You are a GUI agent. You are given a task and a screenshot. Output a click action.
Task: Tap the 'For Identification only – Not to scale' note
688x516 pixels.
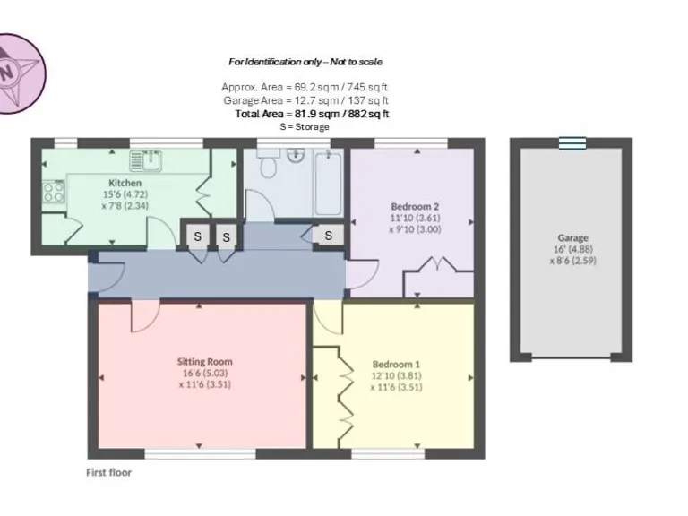tap(305, 62)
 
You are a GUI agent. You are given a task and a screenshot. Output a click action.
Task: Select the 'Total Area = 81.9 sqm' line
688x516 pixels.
tap(311, 114)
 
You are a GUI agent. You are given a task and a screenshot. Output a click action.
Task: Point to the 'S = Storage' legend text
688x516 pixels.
tap(305, 127)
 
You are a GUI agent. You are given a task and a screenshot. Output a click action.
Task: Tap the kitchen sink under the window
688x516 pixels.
tap(147, 160)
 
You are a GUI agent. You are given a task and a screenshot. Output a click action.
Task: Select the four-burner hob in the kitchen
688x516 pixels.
tap(53, 191)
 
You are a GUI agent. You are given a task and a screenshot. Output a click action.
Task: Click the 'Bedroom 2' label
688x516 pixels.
tap(414, 207)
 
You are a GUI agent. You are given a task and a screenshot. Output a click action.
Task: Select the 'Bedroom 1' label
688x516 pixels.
tap(396, 365)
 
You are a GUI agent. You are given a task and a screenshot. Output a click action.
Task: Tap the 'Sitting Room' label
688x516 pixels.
tap(205, 362)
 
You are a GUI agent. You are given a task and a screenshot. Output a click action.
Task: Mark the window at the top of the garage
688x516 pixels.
tap(571, 142)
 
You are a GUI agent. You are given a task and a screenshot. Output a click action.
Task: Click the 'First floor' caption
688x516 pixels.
tap(108, 472)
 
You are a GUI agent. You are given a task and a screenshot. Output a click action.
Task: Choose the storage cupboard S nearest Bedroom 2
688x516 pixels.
tap(329, 236)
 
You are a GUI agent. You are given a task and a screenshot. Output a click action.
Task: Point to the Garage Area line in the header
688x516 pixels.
tap(305, 100)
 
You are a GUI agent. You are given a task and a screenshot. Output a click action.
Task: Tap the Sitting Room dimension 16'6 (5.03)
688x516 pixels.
tap(205, 374)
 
